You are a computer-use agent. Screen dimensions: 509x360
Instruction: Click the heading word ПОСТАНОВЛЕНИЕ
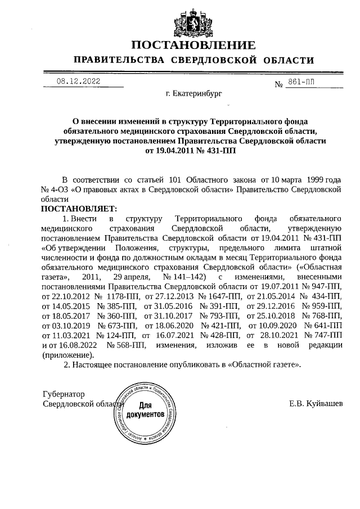(x=193, y=45)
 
